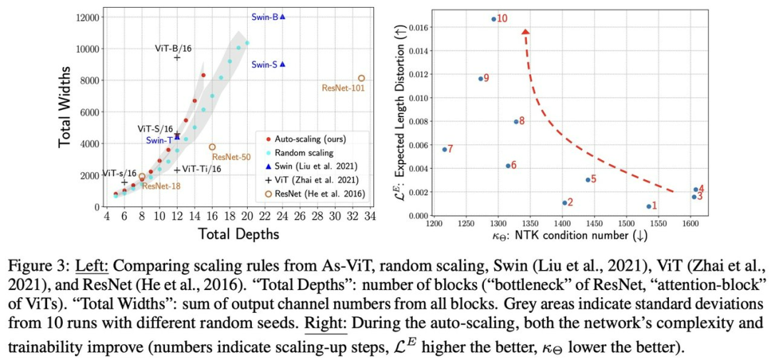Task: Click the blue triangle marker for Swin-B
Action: pos(283,16)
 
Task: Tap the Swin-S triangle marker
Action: pos(283,64)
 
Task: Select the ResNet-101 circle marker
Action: pos(361,79)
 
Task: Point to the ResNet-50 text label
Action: pos(231,156)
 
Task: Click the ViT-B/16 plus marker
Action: pos(176,57)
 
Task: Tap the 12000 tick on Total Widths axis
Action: pos(85,17)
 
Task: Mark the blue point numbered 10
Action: pos(493,19)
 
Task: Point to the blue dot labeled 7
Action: pos(444,149)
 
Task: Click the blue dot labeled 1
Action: pos(649,206)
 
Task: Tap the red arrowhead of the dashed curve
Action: pos(526,32)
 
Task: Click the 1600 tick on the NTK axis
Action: pos(690,224)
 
